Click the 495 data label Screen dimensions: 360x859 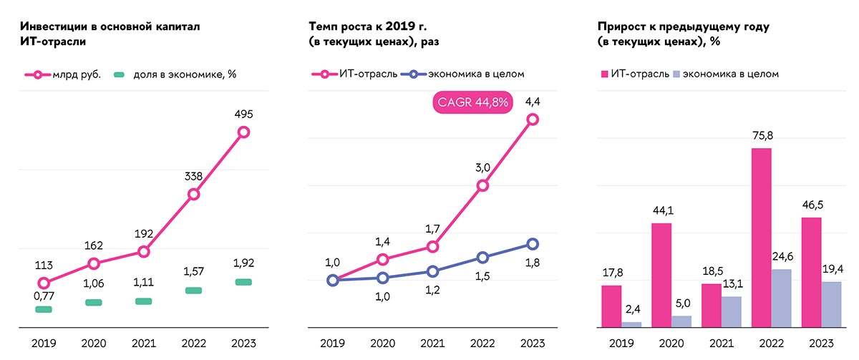point(243,114)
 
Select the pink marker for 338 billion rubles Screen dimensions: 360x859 point(193,194)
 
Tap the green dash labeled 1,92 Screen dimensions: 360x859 point(243,282)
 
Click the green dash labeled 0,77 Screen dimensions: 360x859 point(44,309)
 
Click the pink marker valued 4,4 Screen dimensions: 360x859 point(533,120)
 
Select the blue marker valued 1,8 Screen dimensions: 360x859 point(533,244)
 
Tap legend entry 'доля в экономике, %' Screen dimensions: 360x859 point(175,74)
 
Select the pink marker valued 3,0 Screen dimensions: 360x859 point(482,185)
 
